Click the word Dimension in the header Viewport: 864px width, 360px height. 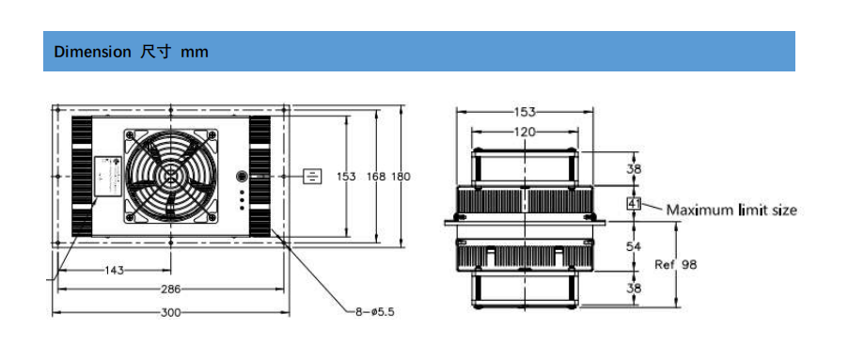click(x=92, y=53)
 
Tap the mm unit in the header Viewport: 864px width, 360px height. click(x=195, y=53)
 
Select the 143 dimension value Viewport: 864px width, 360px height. click(x=113, y=270)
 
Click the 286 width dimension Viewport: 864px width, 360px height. click(x=170, y=290)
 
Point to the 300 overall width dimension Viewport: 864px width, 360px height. click(x=170, y=312)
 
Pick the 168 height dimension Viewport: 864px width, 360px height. click(x=375, y=176)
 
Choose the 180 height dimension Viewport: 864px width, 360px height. click(x=401, y=176)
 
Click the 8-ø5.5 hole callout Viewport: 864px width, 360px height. click(x=375, y=312)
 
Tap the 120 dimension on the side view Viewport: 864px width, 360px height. click(x=525, y=132)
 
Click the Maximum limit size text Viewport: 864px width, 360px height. click(x=731, y=209)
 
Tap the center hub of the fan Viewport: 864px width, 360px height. click(x=171, y=176)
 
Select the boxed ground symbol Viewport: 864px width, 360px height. click(x=313, y=176)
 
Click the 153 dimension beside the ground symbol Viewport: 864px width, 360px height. click(x=346, y=176)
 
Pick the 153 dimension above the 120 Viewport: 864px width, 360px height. click(x=525, y=112)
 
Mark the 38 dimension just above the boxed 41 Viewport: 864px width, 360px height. click(x=633, y=169)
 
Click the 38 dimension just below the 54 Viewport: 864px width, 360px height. click(x=633, y=288)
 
